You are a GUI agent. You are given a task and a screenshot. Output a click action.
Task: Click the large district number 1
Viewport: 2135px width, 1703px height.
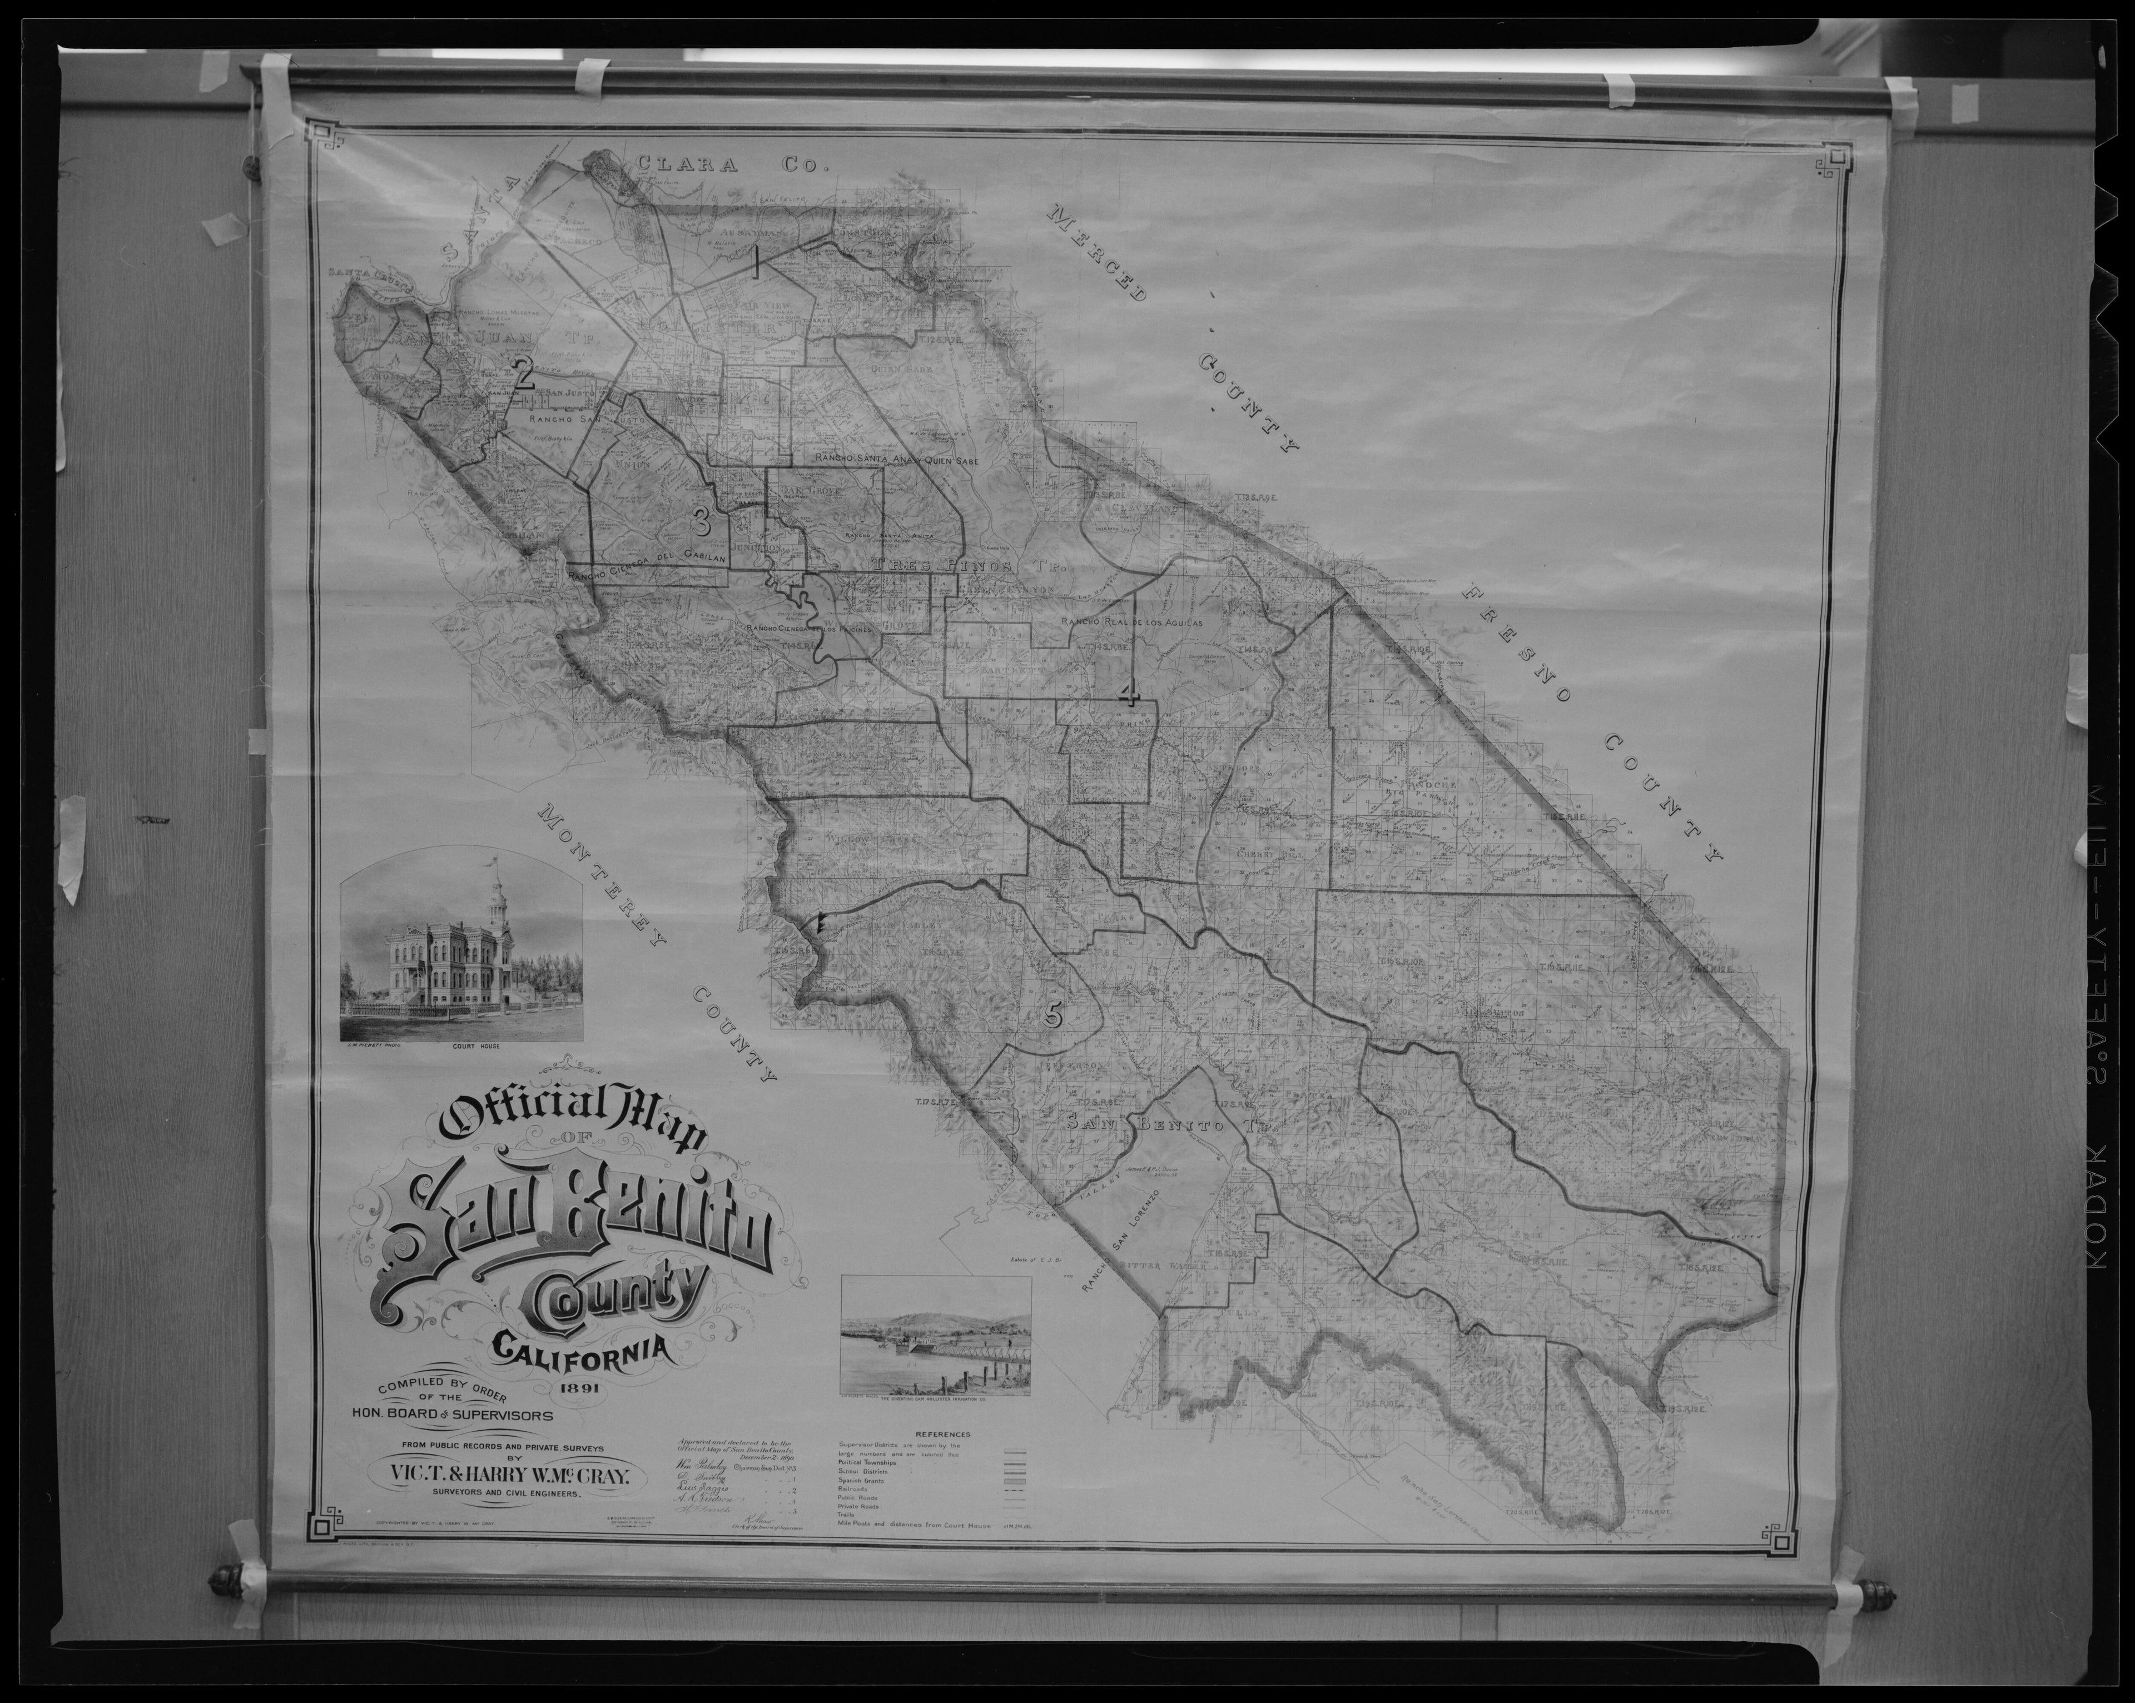coord(756,265)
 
